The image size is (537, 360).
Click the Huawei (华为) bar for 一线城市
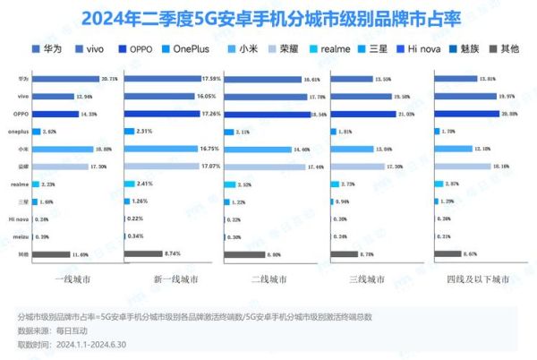click(x=67, y=79)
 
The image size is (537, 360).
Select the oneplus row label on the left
click(x=21, y=131)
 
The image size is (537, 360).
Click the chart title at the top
click(x=268, y=17)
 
